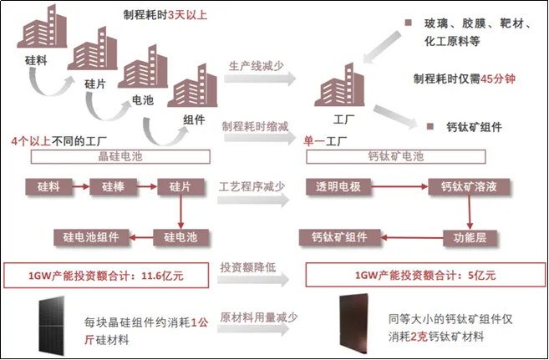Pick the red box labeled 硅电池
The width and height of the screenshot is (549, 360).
180,237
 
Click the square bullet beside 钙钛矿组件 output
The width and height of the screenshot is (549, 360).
429,127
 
